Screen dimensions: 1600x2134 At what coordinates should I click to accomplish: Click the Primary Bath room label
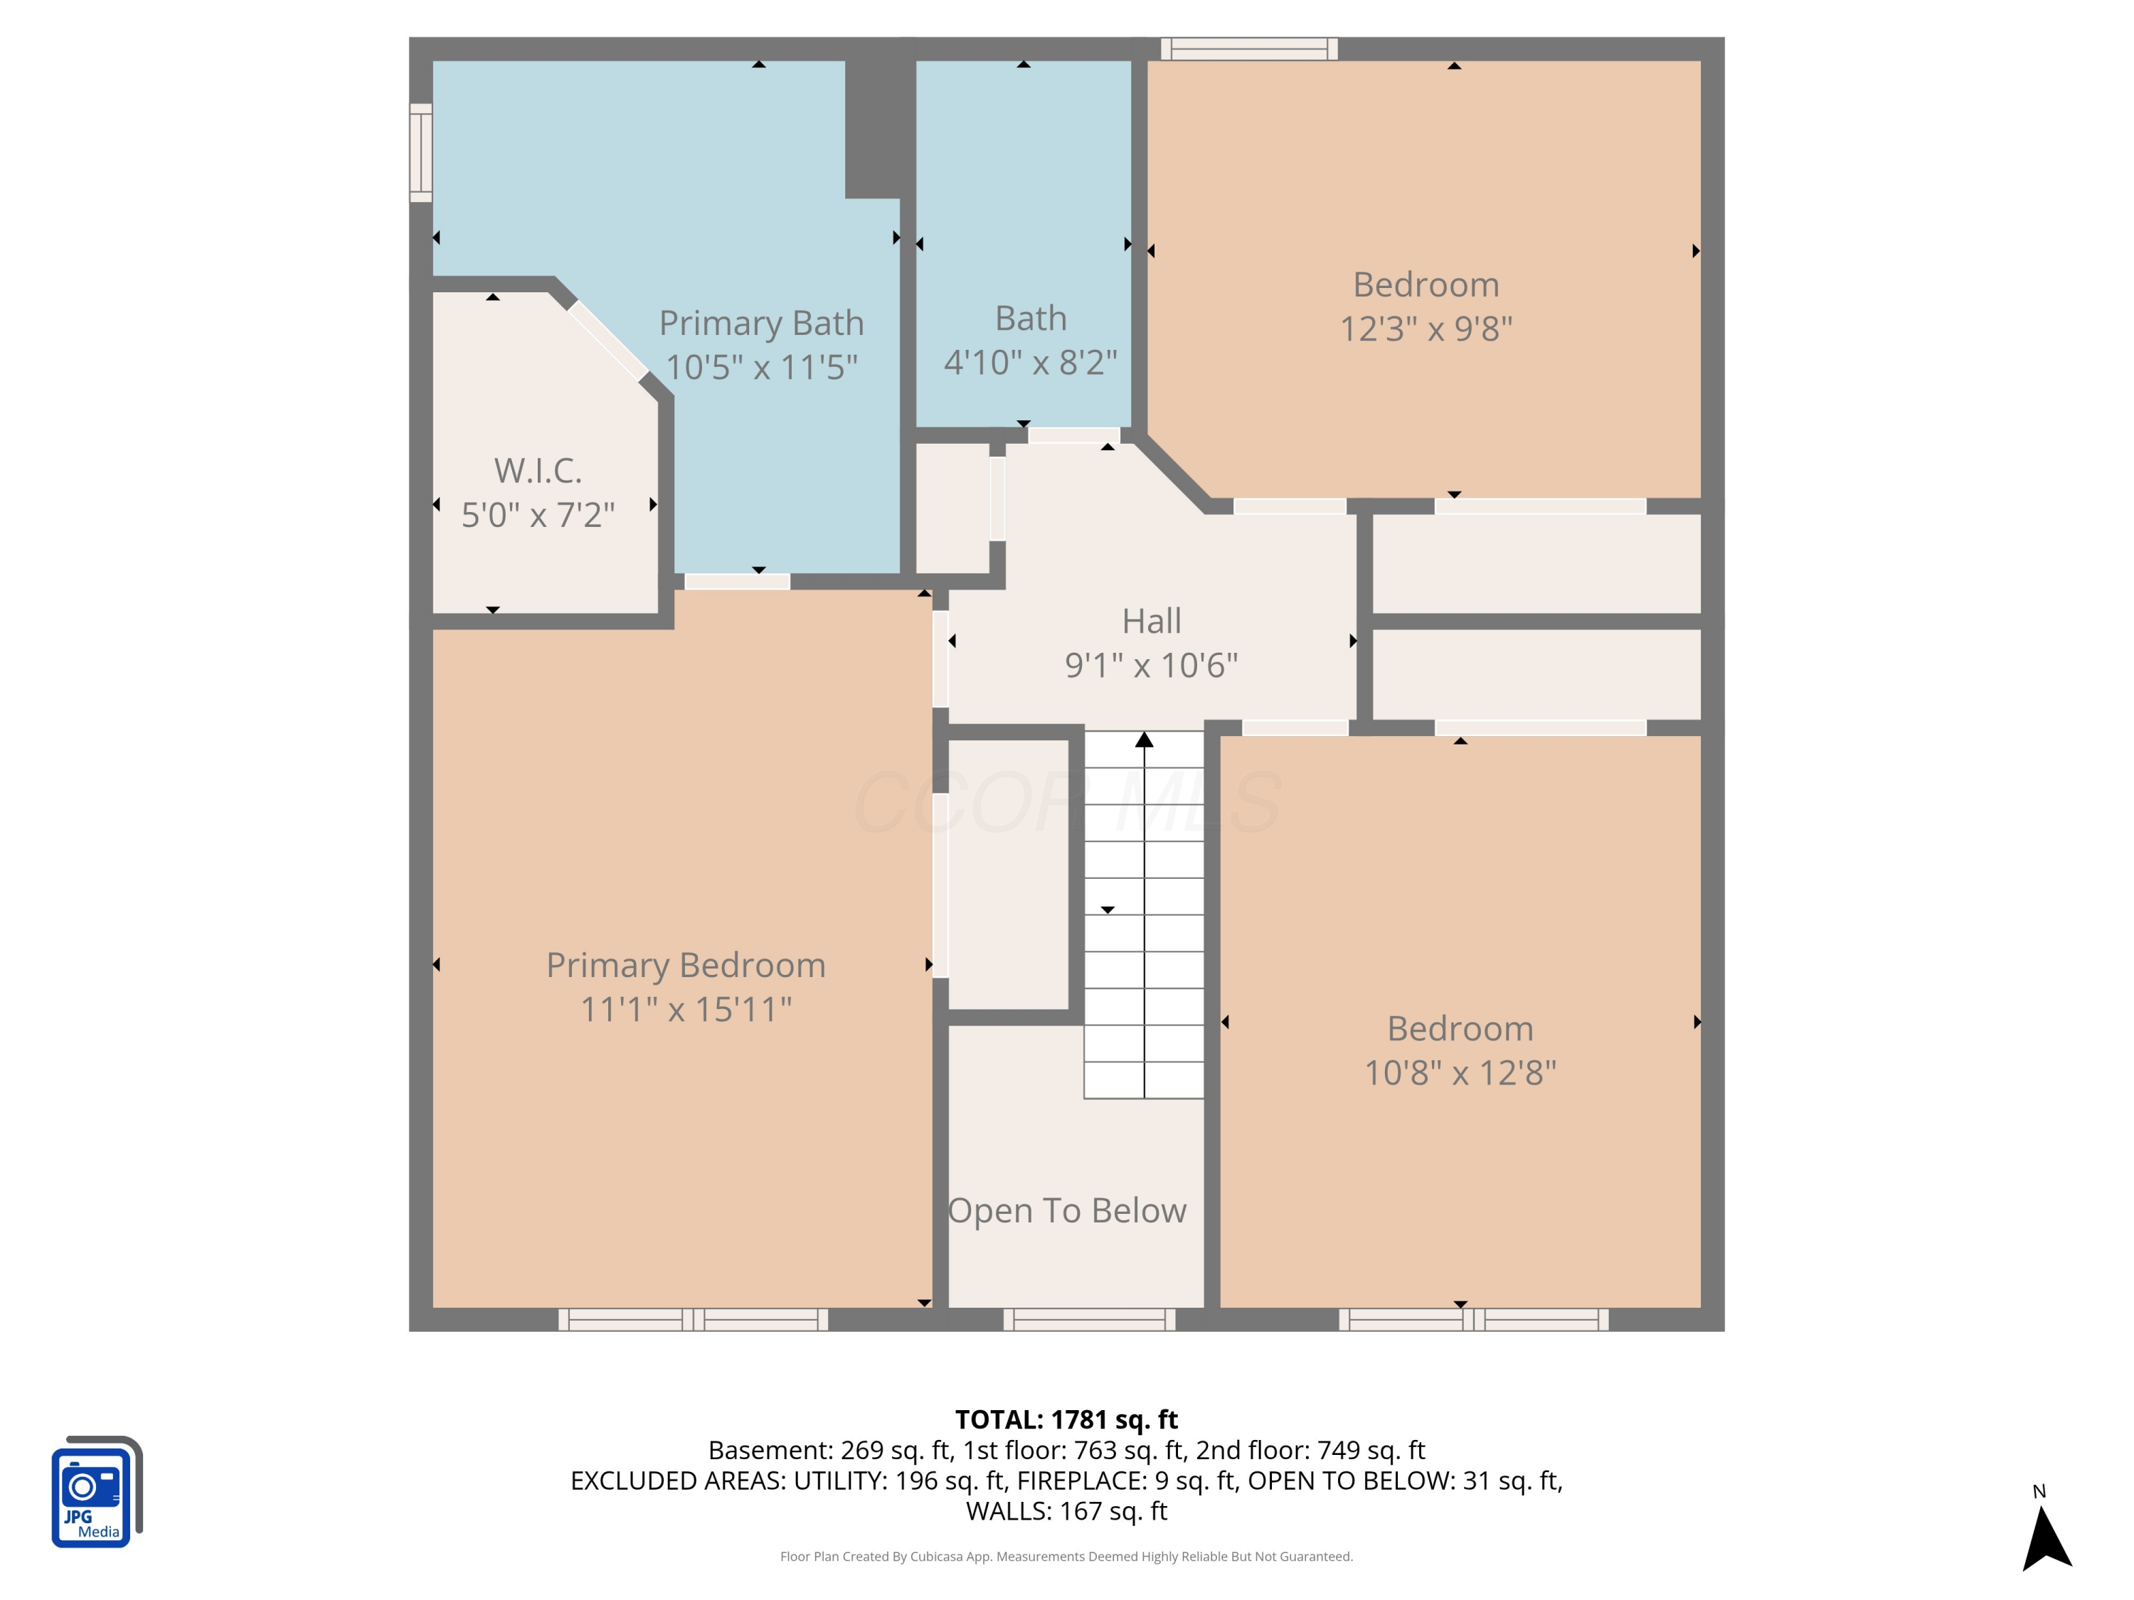coord(761,323)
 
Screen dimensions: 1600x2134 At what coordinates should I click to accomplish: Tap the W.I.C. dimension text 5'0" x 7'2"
coord(537,515)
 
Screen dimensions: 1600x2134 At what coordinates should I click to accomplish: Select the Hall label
coord(1151,621)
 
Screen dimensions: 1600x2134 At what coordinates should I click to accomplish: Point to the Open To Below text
coord(1067,1210)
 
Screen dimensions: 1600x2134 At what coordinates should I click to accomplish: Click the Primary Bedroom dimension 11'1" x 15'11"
coord(686,1010)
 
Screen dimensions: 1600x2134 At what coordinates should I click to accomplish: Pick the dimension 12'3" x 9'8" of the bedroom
coord(1426,329)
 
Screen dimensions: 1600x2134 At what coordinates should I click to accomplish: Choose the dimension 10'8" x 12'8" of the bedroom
coord(1460,1072)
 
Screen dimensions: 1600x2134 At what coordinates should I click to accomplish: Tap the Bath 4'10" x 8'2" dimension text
coord(1030,363)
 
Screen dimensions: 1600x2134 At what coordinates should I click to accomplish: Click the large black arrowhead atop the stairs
coord(1144,740)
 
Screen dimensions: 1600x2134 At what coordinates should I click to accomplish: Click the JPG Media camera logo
coord(95,1492)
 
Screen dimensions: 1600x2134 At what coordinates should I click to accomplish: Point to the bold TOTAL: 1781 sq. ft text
coord(1066,1419)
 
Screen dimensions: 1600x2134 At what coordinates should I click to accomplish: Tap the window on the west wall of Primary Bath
coord(420,152)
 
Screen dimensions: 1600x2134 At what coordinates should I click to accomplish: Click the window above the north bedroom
coord(1248,48)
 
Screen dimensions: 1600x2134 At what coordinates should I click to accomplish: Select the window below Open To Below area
coord(1089,1319)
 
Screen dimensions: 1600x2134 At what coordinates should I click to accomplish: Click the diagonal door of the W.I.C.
coord(607,341)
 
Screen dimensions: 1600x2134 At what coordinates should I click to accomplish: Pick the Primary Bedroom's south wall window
coord(693,1319)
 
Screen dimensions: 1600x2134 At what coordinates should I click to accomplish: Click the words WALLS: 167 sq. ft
coord(1066,1511)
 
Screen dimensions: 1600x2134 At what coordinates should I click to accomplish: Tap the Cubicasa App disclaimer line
coord(1066,1557)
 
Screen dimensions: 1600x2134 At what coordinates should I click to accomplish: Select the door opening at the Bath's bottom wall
coord(1073,435)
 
